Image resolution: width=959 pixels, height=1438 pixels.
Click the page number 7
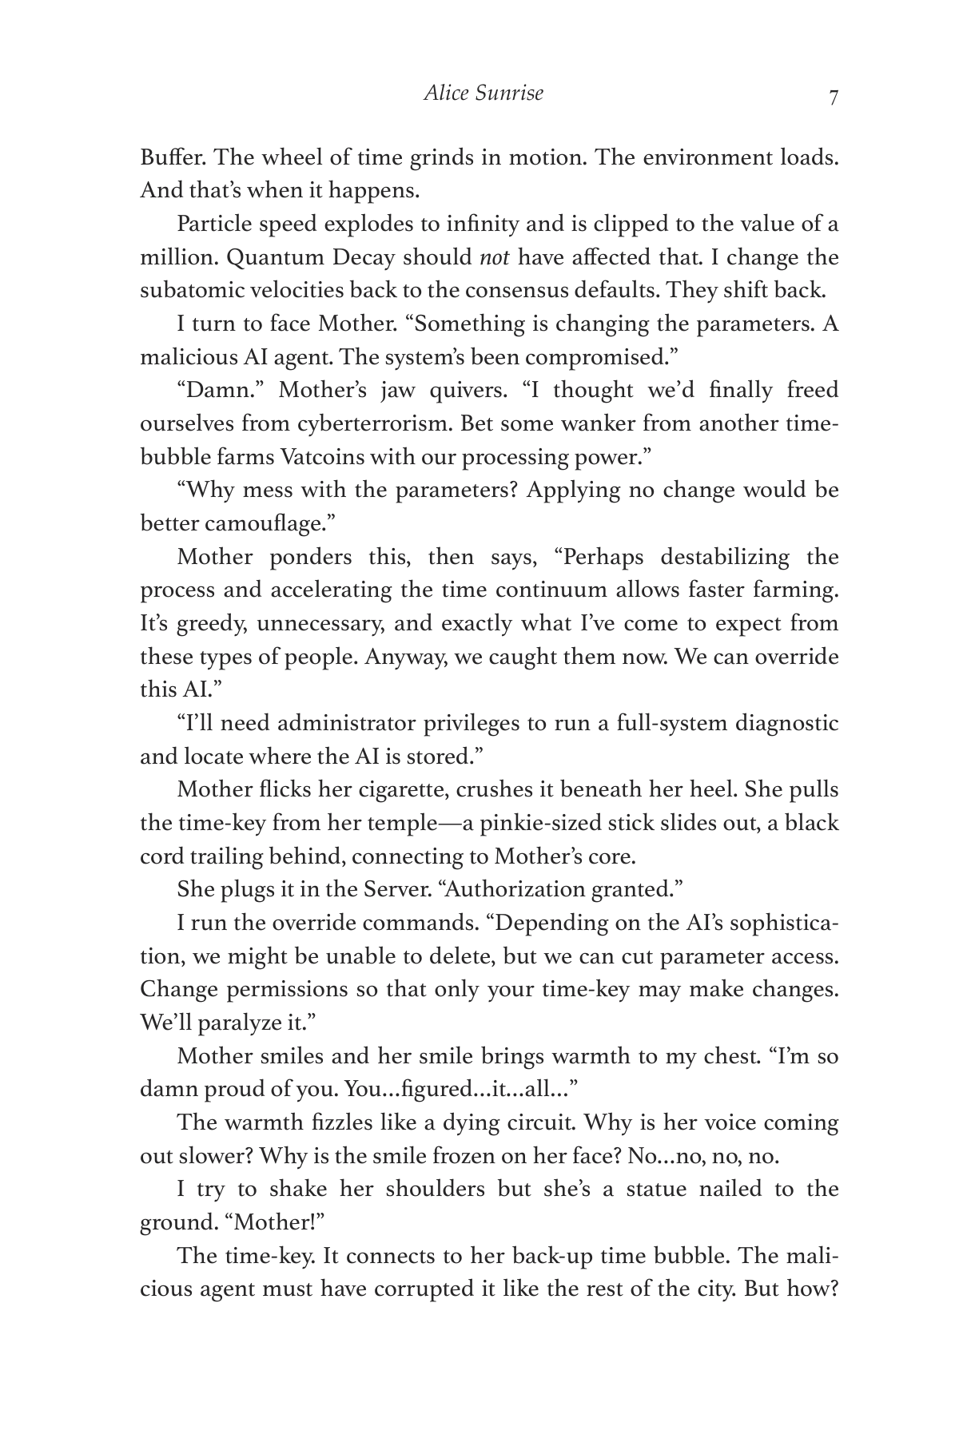[x=833, y=98]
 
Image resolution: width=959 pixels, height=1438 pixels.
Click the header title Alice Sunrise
[x=483, y=93]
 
